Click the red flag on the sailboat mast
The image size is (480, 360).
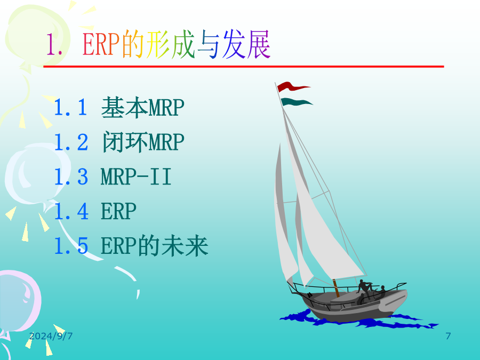coord(292,86)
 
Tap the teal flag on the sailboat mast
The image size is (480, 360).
coord(295,102)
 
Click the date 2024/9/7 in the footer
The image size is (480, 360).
coord(51,336)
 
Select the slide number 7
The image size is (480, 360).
coord(448,336)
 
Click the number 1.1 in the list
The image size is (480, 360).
coord(71,107)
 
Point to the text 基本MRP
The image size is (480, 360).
coord(142,107)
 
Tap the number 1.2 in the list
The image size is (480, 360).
coord(71,142)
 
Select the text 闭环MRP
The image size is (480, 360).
coord(142,142)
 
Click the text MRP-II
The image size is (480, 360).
coord(136,177)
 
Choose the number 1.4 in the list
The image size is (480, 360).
coord(71,211)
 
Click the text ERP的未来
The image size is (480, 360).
coord(155,246)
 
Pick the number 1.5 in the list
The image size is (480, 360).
coord(71,246)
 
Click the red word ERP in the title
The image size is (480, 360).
coord(101,44)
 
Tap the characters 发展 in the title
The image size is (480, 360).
coord(246,44)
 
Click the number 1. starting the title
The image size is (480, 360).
coord(54,45)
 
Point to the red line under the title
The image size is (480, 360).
coord(244,67)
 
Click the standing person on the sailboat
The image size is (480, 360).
coord(364,289)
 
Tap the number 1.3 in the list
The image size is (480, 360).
coord(71,177)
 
